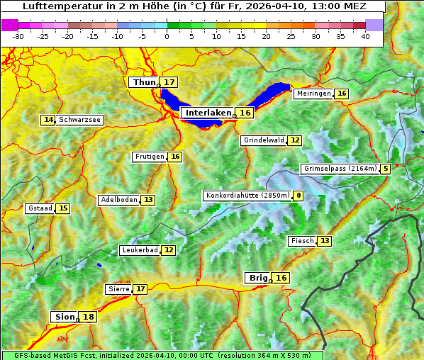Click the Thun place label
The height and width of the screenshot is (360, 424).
tap(144, 83)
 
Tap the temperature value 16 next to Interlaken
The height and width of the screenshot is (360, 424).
tap(245, 113)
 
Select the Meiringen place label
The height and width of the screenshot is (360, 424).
tap(313, 94)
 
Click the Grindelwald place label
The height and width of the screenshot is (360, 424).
tap(262, 140)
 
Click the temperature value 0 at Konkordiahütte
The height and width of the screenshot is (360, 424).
tap(299, 196)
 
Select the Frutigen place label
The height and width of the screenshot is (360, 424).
tap(149, 157)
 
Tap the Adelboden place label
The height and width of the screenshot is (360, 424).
tap(118, 200)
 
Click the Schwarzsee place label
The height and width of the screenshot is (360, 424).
tap(79, 120)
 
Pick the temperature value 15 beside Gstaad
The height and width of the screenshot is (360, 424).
tap(63, 208)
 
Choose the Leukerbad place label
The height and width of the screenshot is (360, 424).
tap(138, 250)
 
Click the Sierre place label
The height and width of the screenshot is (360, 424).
tap(118, 289)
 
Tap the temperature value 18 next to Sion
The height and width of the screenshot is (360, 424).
tap(88, 317)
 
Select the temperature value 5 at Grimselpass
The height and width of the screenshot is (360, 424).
tap(385, 169)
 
